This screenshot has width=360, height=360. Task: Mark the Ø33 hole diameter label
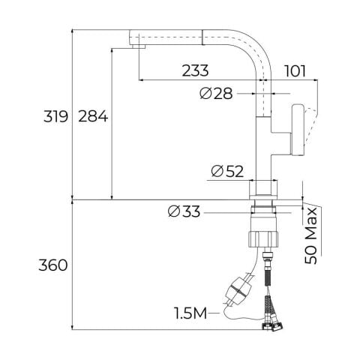click(x=184, y=212)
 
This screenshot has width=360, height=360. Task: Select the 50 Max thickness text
click(x=313, y=236)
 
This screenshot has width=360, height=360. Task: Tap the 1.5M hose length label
click(x=190, y=310)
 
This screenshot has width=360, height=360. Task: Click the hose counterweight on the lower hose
click(x=238, y=289)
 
